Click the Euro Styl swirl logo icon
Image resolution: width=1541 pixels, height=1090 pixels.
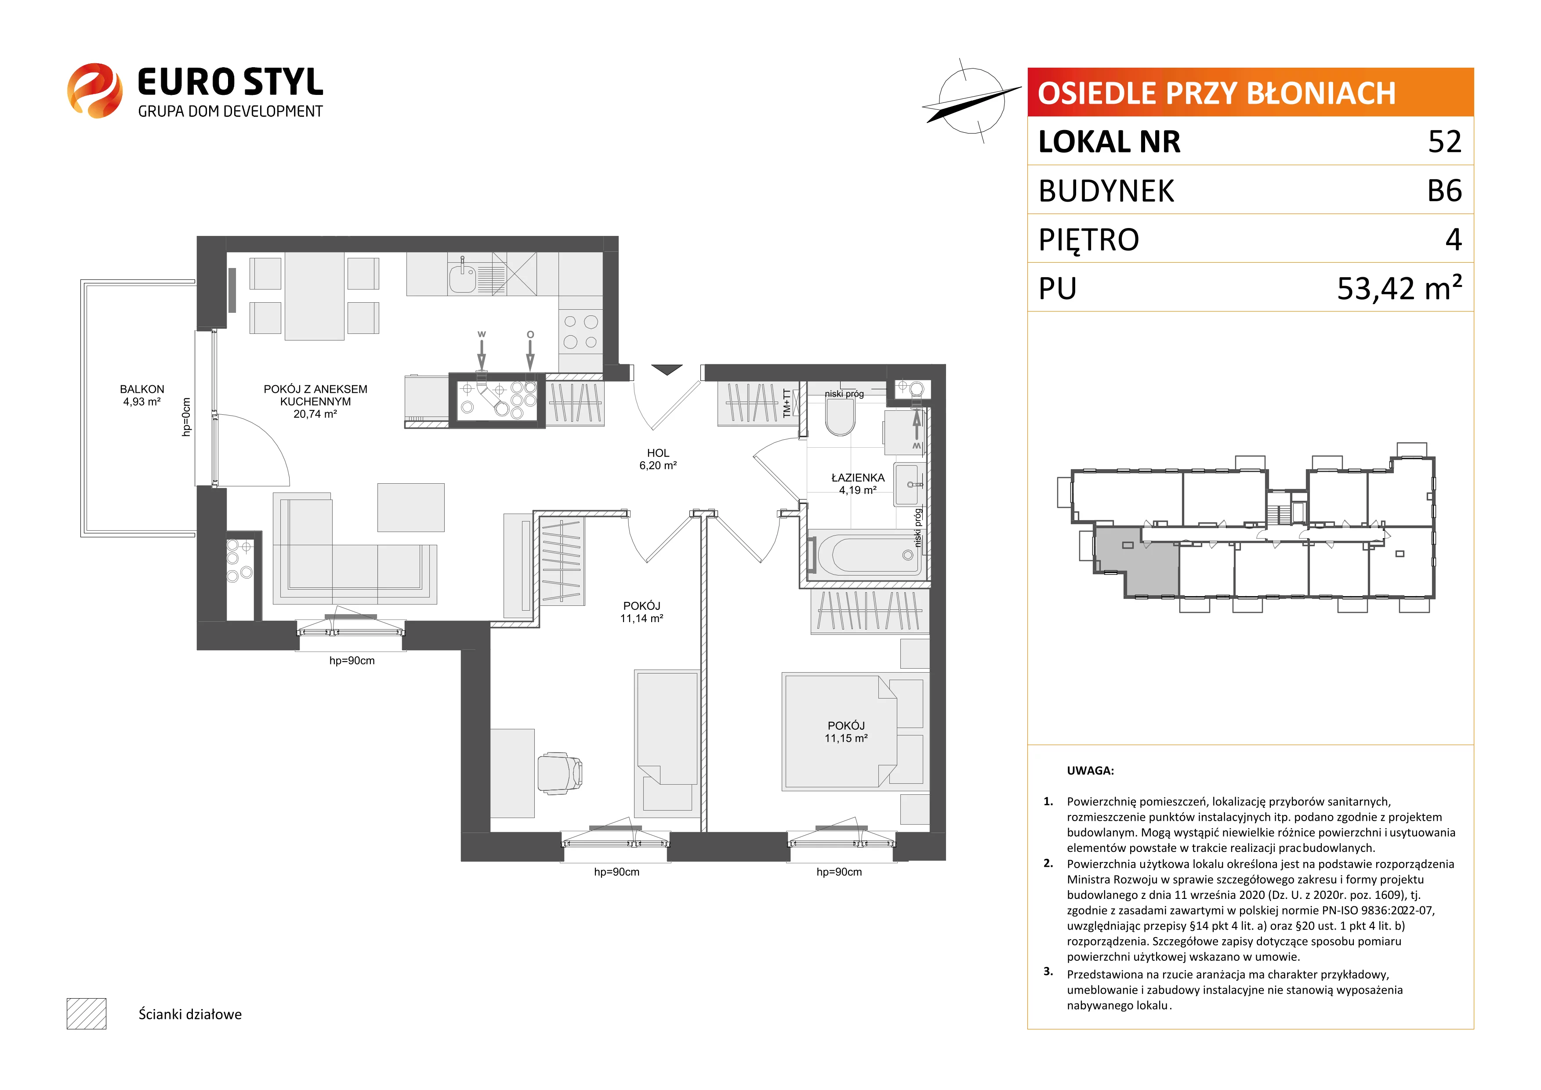click(94, 91)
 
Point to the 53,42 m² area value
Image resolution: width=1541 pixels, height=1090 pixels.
click(1400, 287)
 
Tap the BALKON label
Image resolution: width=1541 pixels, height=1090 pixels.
click(141, 389)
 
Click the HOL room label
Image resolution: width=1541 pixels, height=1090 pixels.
click(658, 453)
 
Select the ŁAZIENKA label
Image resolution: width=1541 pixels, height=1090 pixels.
click(858, 477)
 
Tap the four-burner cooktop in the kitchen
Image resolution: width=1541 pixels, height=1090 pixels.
click(580, 332)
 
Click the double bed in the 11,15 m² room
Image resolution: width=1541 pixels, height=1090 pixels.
click(840, 731)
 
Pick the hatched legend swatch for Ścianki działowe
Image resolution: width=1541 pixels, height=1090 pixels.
click(87, 1014)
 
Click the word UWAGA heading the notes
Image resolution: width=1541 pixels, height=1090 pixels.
click(1090, 771)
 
